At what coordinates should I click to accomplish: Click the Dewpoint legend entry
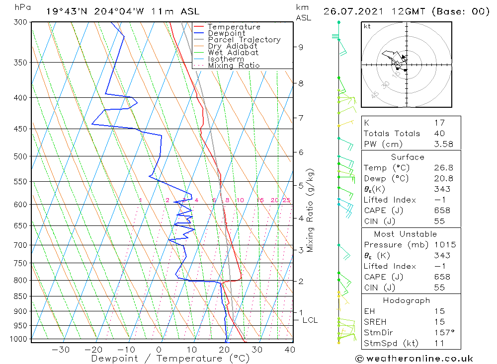[226, 33]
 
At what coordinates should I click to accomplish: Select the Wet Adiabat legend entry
[233, 53]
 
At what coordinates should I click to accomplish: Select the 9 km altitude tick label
[301, 47]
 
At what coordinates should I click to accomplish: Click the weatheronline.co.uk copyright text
[414, 359]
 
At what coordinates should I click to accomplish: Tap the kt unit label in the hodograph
[367, 26]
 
